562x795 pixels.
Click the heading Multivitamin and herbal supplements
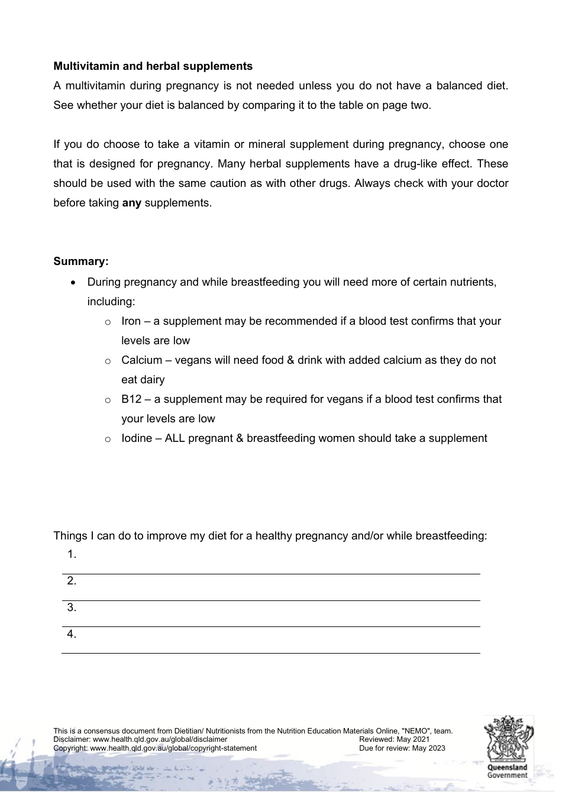pyautogui.click(x=153, y=66)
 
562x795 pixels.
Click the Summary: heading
pyautogui.click(x=81, y=261)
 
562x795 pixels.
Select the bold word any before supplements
pyautogui.click(x=131, y=203)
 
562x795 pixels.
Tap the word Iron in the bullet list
pyautogui.click(x=131, y=321)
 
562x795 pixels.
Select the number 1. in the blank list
pyautogui.click(x=72, y=555)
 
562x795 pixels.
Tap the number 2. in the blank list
pyautogui.click(x=72, y=581)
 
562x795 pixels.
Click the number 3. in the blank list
pyautogui.click(x=72, y=607)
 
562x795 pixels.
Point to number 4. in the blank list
pyautogui.click(x=72, y=634)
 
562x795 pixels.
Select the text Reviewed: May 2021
pyautogui.click(x=394, y=739)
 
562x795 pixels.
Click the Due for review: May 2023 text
pyautogui.click(x=402, y=748)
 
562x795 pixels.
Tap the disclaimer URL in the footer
pyautogui.click(x=160, y=739)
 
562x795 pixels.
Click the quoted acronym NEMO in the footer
pyautogui.click(x=416, y=731)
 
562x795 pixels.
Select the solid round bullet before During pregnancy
pyautogui.click(x=73, y=283)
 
